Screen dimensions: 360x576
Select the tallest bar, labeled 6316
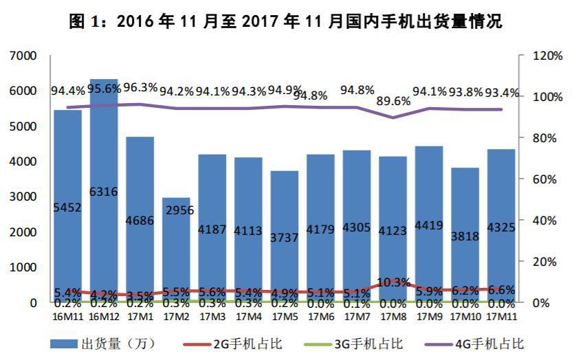(104, 192)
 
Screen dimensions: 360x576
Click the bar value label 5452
(68, 207)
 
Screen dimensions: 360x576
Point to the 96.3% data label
(140, 87)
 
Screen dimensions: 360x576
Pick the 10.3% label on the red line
(394, 282)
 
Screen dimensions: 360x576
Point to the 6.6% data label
(501, 290)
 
